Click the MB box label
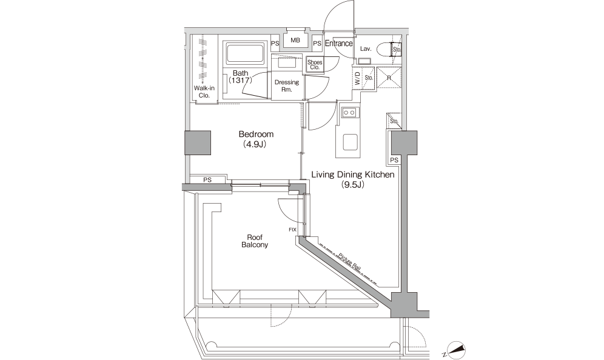(295, 41)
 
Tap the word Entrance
(338, 44)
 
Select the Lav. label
(365, 48)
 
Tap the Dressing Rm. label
(286, 85)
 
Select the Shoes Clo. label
(314, 64)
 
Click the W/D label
(357, 77)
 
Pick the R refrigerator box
(388, 77)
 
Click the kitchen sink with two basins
(349, 112)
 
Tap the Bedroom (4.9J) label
(256, 139)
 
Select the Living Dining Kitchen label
(353, 179)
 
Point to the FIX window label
(292, 230)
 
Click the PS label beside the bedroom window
(207, 179)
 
